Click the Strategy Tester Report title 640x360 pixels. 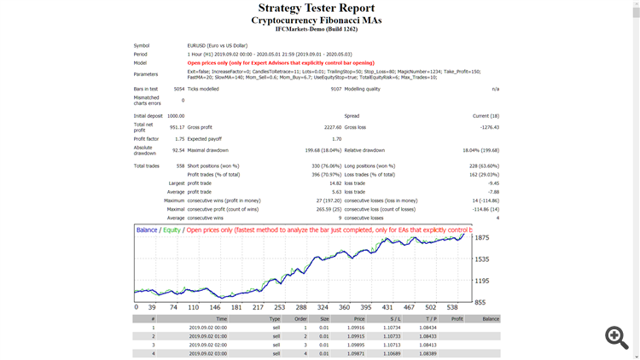316,9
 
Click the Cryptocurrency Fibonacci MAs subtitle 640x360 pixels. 316,20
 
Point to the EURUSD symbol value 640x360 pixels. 218,45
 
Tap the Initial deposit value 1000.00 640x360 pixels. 175,115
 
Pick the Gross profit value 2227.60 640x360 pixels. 331,126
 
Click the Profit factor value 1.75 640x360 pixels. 178,138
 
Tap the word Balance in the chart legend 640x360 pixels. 147,230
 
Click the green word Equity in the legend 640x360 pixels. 172,230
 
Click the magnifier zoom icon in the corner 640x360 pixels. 617,337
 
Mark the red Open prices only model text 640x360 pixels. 280,62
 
